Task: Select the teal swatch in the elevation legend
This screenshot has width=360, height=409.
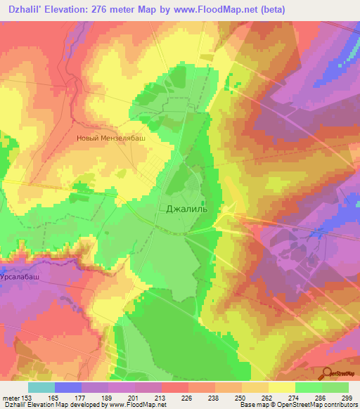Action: [x=41, y=387]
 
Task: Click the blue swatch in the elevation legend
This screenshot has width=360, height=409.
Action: [x=68, y=387]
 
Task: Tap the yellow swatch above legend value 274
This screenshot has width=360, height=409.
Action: [x=281, y=387]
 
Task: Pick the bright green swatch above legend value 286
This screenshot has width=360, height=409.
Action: [x=308, y=387]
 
